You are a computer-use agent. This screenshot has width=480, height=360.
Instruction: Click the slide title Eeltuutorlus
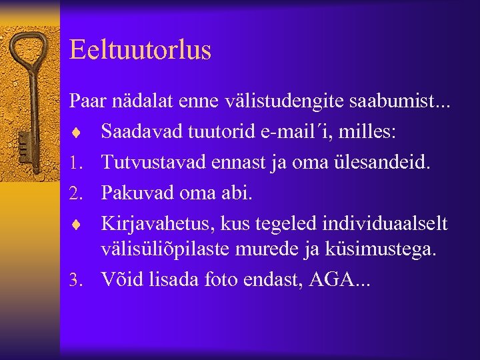(x=140, y=51)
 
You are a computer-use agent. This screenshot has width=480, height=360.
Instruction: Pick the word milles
(x=369, y=131)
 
